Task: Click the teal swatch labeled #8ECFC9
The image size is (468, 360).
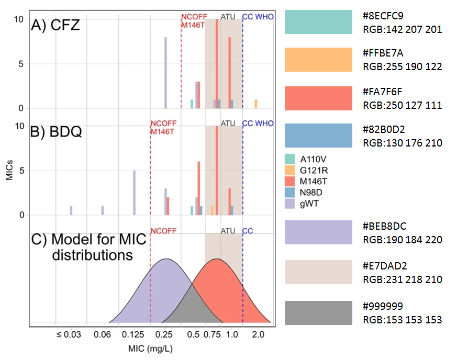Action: click(318, 22)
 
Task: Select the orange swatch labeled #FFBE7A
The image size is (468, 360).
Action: click(318, 60)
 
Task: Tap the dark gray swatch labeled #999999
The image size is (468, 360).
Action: click(318, 313)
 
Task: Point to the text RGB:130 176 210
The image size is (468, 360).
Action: click(402, 143)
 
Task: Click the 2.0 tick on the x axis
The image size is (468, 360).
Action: click(257, 334)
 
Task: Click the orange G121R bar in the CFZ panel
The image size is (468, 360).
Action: click(256, 104)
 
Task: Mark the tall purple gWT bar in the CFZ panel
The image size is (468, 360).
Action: click(165, 73)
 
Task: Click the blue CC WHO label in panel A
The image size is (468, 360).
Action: click(258, 17)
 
